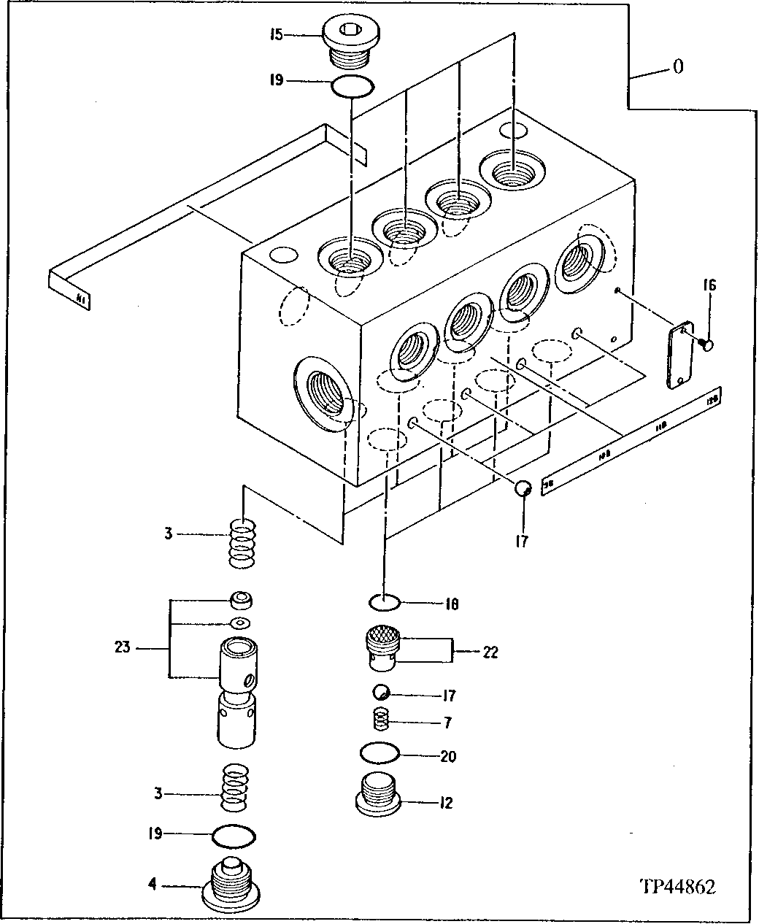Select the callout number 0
click(678, 67)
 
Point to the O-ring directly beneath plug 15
click(352, 86)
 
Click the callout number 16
click(709, 285)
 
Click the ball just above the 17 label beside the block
click(523, 489)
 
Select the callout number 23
click(122, 646)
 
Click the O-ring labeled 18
click(384, 603)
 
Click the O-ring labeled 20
click(379, 752)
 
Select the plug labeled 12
click(378, 793)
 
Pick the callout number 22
click(490, 652)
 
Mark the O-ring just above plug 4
click(233, 834)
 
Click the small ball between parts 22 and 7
click(379, 692)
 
